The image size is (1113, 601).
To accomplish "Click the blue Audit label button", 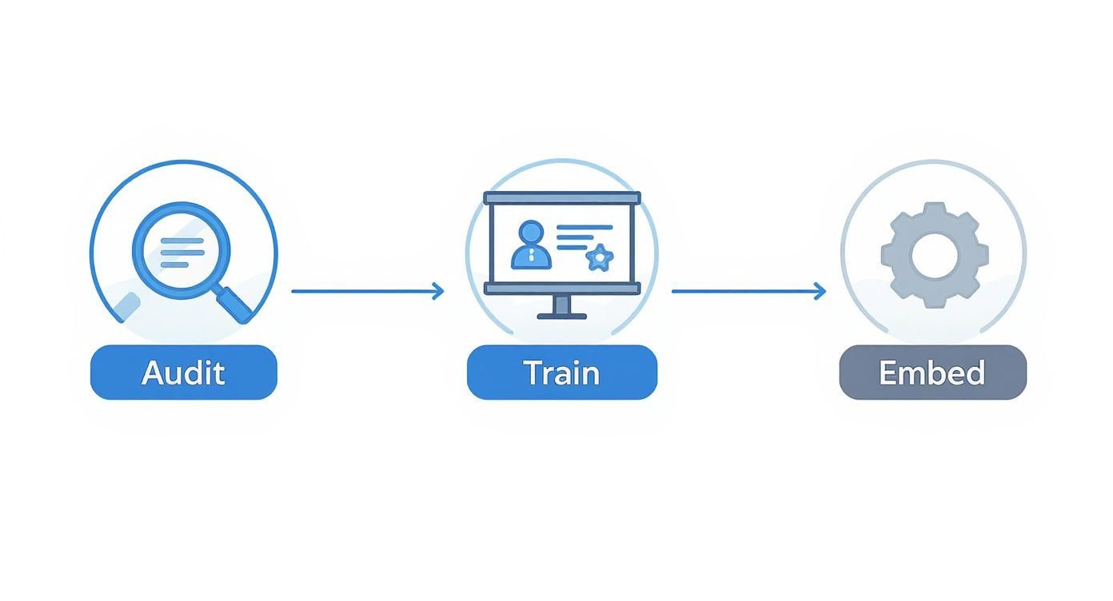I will [183, 372].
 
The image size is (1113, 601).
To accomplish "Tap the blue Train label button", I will [561, 372].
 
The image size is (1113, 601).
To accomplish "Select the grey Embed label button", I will [932, 372].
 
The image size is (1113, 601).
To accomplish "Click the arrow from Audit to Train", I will [366, 291].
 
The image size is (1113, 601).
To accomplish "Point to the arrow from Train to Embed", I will [748, 291].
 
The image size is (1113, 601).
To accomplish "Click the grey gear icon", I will [934, 255].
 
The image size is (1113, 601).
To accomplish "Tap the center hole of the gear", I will [934, 256].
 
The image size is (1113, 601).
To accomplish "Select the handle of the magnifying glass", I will [233, 304].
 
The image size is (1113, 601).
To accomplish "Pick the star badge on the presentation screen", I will [599, 257].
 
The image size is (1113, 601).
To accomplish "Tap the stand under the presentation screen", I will [562, 307].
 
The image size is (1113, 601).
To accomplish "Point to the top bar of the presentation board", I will [562, 197].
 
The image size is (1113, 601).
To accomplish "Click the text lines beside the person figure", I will [581, 237].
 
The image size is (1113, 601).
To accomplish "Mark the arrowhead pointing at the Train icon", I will [438, 291].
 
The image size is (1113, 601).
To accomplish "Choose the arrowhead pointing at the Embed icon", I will [820, 291].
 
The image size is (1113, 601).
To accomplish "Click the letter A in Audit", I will [153, 373].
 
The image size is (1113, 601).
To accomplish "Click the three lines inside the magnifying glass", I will [182, 253].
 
